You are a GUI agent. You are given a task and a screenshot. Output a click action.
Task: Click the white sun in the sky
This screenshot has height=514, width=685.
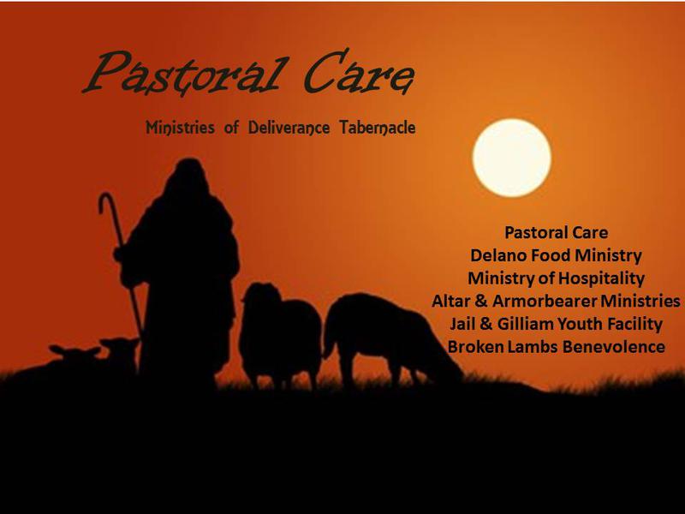point(511,158)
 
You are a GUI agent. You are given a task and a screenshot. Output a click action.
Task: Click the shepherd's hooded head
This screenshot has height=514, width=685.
point(188,174)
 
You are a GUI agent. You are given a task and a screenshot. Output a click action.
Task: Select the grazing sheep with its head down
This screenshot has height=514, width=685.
point(391,338)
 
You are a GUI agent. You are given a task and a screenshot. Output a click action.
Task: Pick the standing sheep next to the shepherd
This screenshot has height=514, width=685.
point(280,334)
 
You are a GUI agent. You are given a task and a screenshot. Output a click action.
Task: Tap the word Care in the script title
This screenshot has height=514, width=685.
point(358,72)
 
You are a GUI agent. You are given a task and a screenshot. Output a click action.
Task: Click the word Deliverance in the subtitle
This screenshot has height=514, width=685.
point(289,128)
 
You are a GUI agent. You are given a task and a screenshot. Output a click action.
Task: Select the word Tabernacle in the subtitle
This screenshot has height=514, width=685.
point(378,128)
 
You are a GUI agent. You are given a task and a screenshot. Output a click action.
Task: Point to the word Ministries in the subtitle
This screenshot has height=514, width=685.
point(180,128)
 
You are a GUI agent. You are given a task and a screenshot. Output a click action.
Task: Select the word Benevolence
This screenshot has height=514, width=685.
point(613,347)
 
